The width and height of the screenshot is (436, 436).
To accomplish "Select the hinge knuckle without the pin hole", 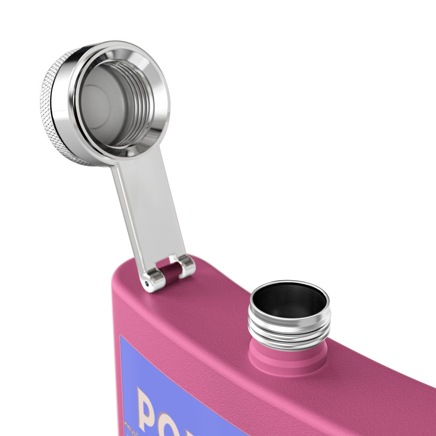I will click(x=186, y=266).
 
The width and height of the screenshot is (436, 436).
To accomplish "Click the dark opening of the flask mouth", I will click(x=290, y=300).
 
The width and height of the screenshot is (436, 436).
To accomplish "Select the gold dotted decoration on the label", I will click(x=128, y=426).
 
